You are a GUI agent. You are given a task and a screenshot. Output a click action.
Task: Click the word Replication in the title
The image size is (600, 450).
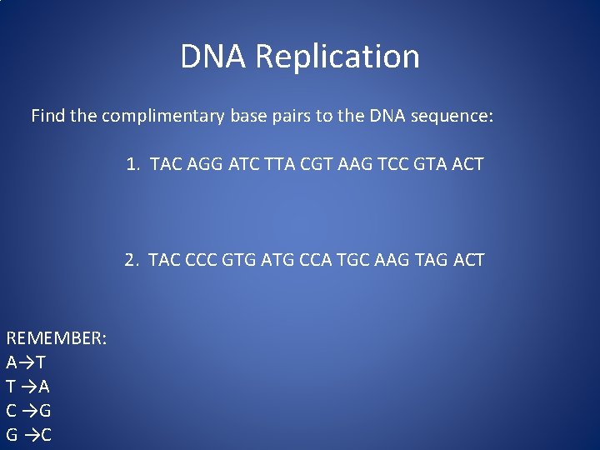click(x=337, y=57)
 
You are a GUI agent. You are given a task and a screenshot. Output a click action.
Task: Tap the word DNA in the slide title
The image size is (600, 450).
click(x=214, y=57)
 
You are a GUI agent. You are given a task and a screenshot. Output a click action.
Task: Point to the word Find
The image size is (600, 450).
click(x=47, y=116)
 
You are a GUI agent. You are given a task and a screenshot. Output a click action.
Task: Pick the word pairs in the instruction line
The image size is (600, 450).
click(x=288, y=116)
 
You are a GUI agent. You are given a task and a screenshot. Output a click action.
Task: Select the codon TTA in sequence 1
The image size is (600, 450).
click(x=282, y=164)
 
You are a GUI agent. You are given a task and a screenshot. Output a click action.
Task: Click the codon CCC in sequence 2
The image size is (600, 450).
click(x=202, y=260)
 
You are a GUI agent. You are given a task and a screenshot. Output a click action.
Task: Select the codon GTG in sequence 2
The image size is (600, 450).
click(x=242, y=260)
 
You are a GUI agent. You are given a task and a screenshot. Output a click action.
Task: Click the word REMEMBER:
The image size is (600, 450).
click(x=56, y=338)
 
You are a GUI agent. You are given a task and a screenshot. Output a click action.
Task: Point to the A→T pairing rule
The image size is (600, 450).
click(x=26, y=362)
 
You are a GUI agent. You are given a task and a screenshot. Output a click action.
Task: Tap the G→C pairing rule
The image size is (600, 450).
click(x=28, y=434)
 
